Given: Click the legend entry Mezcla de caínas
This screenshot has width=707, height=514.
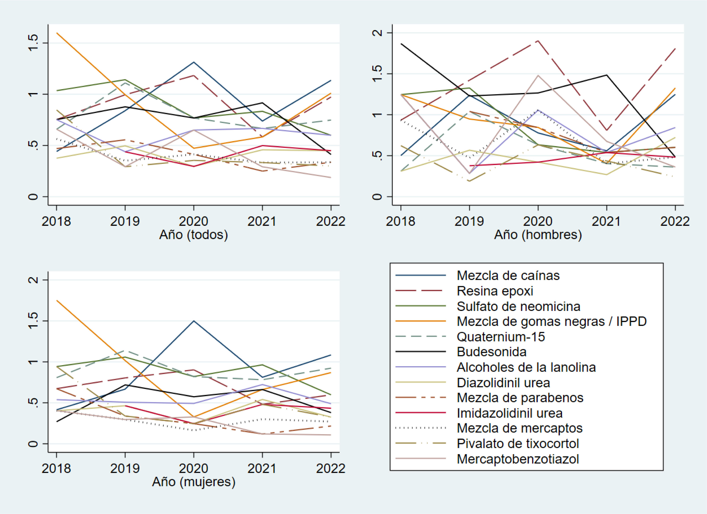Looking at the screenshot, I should point(508,275).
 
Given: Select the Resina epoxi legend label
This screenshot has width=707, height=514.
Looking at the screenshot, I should point(495,291).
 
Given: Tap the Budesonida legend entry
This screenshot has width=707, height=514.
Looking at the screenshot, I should point(491,352).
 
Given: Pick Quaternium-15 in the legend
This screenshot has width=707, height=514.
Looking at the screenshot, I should point(501,337).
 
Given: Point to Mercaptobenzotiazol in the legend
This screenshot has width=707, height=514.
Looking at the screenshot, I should point(518,459).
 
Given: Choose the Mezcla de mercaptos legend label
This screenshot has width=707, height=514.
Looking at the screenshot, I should point(519,428).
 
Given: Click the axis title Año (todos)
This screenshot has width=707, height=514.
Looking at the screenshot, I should point(193,235).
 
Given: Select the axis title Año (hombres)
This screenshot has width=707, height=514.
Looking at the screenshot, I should point(538,235).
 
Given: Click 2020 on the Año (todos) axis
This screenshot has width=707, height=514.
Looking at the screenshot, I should point(193,221).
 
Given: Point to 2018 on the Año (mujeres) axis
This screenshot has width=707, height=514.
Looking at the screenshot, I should point(56,468).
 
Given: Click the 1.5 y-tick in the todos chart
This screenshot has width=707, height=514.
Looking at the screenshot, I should point(33,43).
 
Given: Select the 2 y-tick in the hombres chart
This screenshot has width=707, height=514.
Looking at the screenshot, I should point(377,33).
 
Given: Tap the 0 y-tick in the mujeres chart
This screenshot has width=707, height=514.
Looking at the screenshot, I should point(33,444).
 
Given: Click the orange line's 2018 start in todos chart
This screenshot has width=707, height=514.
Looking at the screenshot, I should point(57,33).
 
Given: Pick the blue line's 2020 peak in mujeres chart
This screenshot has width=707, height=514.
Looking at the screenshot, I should point(193,321).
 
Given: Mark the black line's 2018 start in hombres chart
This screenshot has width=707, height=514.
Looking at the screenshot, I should point(401,44).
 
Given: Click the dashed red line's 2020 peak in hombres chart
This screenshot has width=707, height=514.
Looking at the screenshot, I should point(538,41).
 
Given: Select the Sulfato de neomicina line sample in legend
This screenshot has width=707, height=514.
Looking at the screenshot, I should point(420,306).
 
